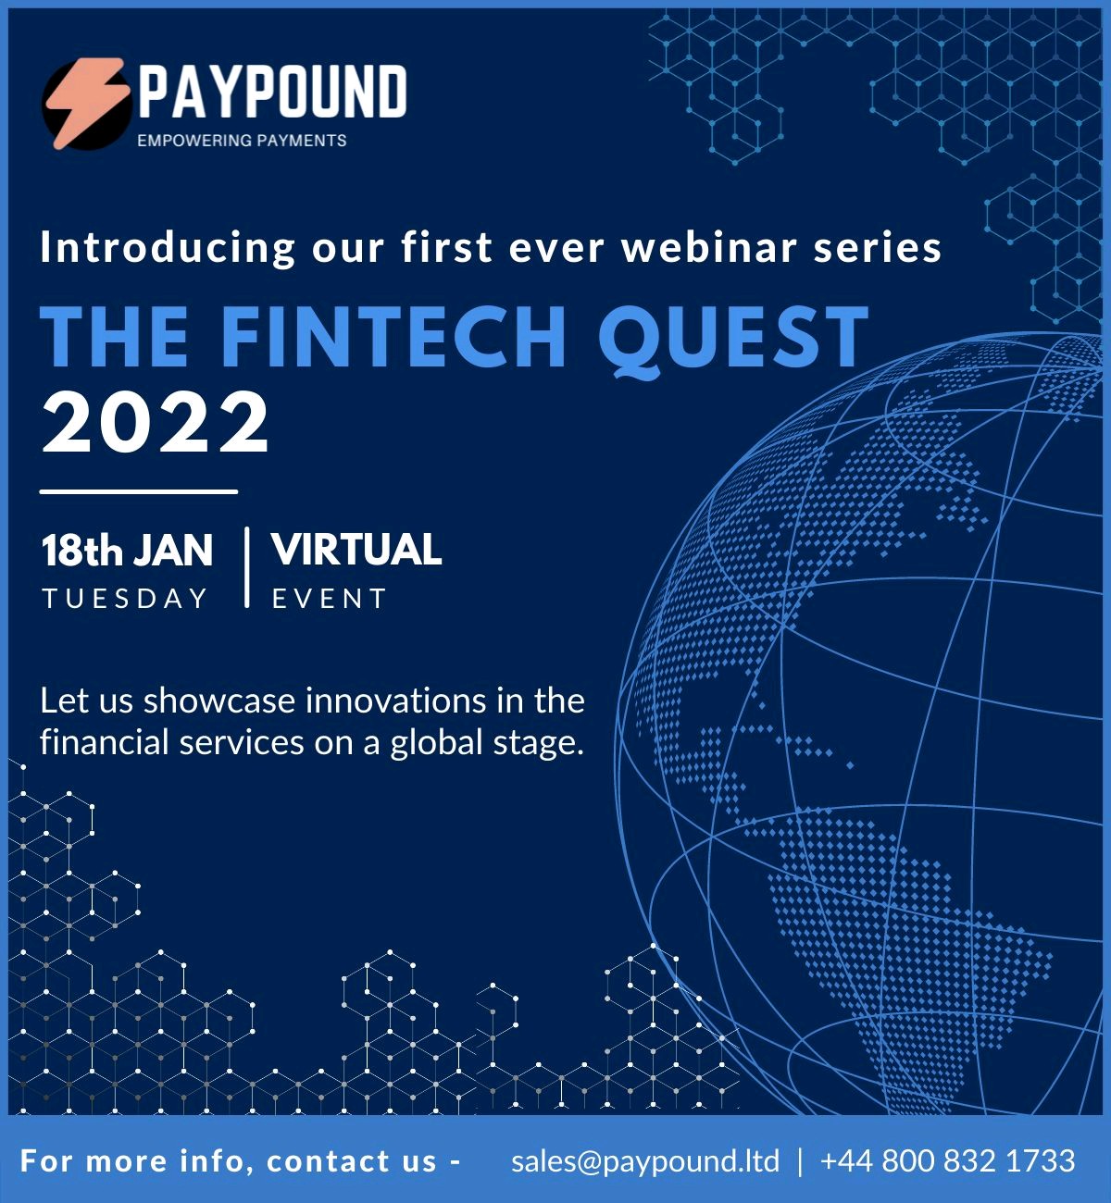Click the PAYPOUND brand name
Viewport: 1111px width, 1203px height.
tap(273, 92)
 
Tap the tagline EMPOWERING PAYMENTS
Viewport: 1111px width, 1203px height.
tap(242, 141)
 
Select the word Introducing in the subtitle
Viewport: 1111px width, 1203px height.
tap(168, 248)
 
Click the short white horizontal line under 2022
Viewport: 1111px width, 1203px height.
tap(139, 492)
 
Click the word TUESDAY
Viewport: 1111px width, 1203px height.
tap(125, 599)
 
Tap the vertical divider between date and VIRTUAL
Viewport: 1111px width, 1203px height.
tap(247, 567)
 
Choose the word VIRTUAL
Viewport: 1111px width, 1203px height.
tap(357, 550)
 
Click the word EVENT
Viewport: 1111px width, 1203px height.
tap(329, 599)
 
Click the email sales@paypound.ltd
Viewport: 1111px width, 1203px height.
tap(645, 1160)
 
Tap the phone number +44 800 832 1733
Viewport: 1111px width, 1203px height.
tap(948, 1160)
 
